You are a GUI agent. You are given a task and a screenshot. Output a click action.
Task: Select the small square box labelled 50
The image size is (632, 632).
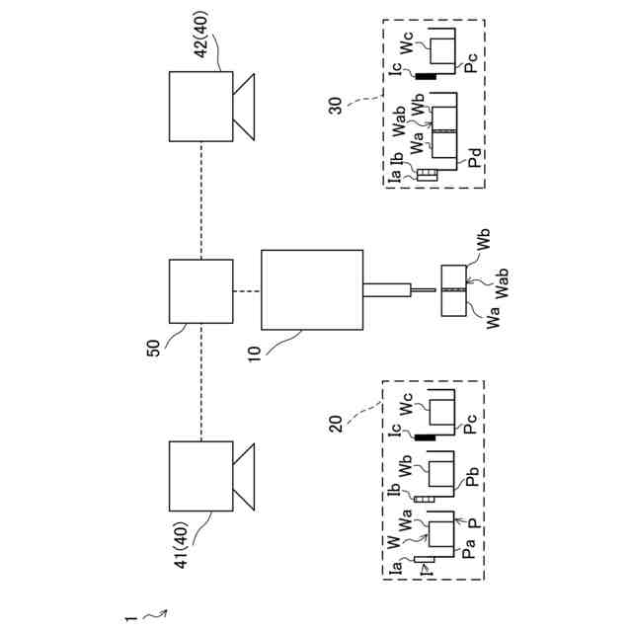point(201,291)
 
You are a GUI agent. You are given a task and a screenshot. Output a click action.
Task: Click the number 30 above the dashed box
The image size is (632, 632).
point(337,104)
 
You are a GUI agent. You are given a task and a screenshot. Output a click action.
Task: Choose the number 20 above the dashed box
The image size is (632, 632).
point(337,423)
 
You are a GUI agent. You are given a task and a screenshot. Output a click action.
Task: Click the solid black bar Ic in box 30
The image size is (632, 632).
point(427,76)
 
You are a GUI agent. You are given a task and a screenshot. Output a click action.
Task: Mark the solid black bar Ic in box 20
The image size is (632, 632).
point(427,435)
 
